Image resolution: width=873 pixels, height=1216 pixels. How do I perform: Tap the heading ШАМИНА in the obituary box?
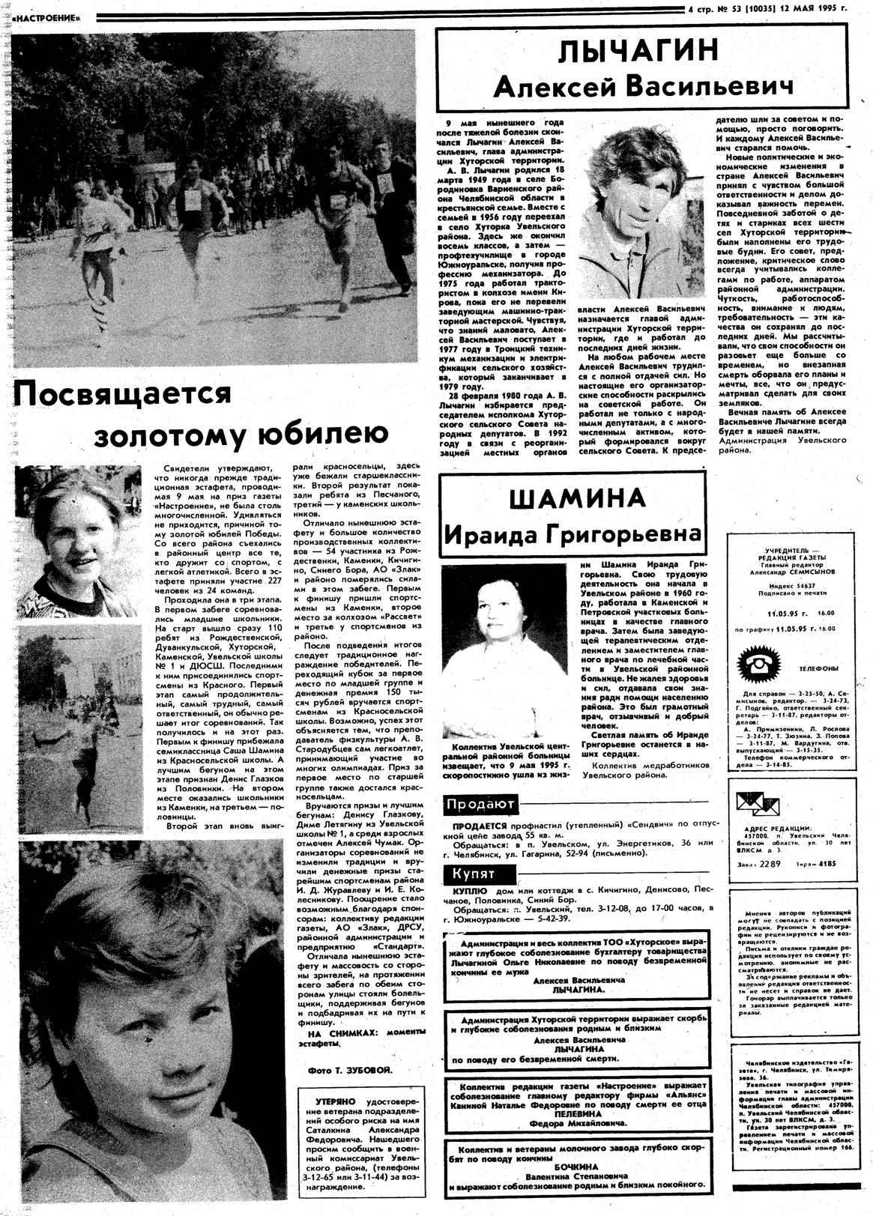click(576, 498)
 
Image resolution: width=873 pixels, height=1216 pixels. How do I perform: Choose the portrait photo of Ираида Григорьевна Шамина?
click(504, 650)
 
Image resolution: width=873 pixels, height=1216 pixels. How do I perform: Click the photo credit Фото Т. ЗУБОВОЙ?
click(349, 1070)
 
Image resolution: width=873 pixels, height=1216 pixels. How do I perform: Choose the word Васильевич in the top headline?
click(709, 87)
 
